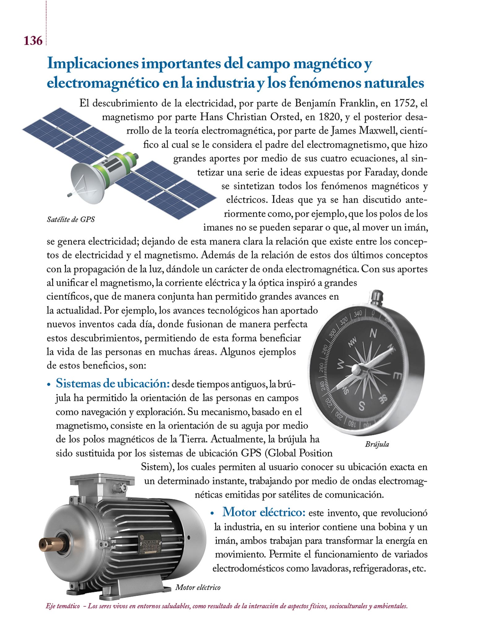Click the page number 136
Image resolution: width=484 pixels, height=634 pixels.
tap(33, 41)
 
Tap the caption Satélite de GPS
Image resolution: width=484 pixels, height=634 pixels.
tap(71, 219)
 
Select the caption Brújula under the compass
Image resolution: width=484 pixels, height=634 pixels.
tap(377, 445)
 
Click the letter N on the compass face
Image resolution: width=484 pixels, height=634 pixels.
tap(374, 333)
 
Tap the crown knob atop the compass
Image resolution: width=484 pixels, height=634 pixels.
tap(378, 297)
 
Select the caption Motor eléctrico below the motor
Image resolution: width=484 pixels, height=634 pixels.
tap(198, 587)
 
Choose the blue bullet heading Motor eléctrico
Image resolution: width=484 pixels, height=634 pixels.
tap(264, 512)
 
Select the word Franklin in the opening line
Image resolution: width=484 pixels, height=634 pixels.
tap(357, 103)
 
